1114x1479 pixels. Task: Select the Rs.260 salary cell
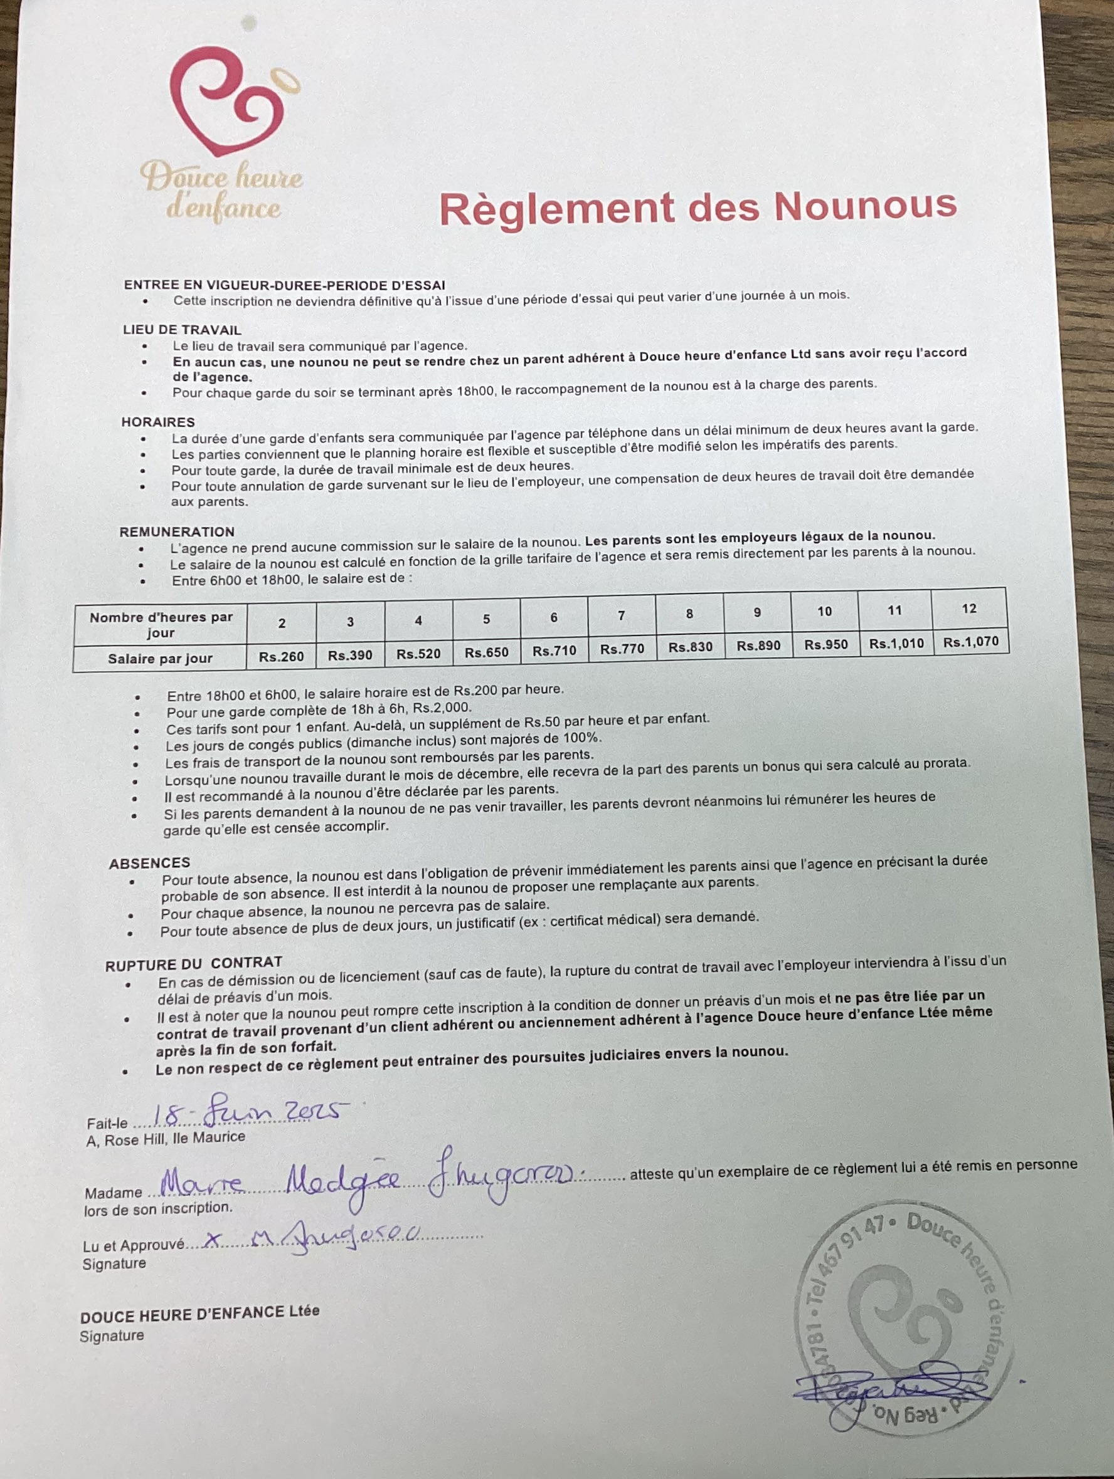pos(282,657)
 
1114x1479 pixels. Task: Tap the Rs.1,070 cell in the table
pos(970,642)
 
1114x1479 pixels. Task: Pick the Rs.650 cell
pos(486,652)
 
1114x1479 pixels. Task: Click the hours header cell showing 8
pos(689,613)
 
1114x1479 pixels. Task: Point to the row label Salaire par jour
pos(160,659)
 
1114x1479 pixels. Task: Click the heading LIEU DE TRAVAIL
pos(182,330)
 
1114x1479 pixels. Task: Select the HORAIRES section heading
pos(158,422)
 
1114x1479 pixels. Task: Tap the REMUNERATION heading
pos(177,531)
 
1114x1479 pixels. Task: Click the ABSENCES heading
pos(149,862)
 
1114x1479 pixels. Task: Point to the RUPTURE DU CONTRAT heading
pos(193,963)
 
